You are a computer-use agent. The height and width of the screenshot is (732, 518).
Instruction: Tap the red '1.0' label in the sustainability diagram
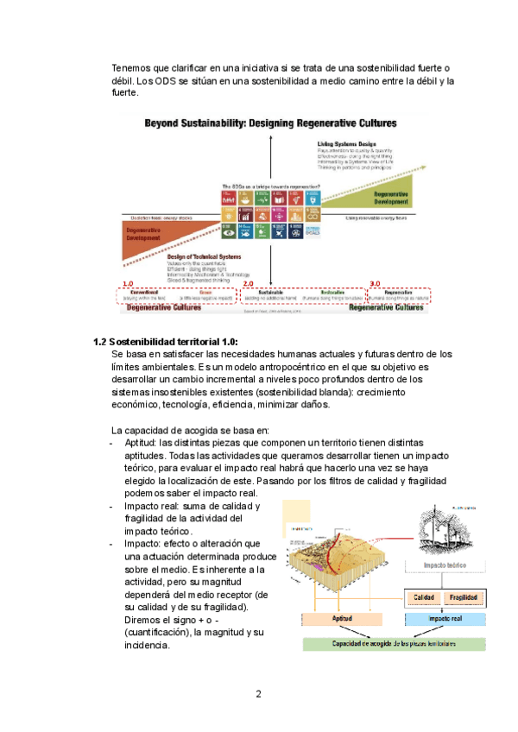point(127,284)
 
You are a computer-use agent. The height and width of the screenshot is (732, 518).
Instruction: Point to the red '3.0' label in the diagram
point(375,284)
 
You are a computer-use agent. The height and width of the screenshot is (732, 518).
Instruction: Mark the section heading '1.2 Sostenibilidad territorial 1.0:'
point(164,341)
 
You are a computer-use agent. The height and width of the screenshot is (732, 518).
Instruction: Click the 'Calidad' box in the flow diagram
point(423,597)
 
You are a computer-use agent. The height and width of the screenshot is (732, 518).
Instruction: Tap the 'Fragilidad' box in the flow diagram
point(462,597)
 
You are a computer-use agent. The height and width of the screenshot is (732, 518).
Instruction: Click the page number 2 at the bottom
point(258,694)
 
